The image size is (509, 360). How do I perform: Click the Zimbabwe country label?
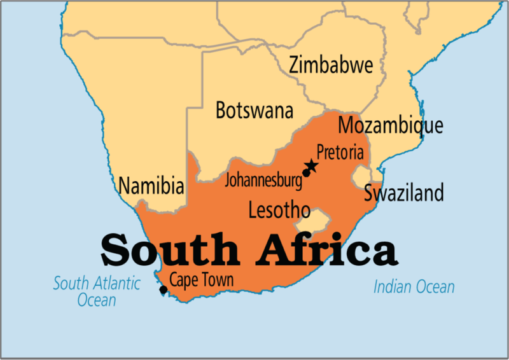tap(330, 65)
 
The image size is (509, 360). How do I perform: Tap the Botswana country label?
tap(254, 110)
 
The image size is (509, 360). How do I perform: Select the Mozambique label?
tap(389, 125)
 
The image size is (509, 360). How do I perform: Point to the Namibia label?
tap(151, 186)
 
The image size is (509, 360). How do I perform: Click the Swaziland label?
tap(403, 193)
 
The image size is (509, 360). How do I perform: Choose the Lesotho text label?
tap(279, 210)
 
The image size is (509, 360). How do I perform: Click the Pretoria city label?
tap(340, 153)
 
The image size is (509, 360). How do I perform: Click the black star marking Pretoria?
tap(311, 167)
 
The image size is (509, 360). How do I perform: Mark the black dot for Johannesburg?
tap(306, 173)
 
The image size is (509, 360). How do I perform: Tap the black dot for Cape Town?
tap(163, 290)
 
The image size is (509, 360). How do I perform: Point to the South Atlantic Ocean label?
tap(97, 291)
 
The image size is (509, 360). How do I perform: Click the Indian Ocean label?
tap(414, 287)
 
